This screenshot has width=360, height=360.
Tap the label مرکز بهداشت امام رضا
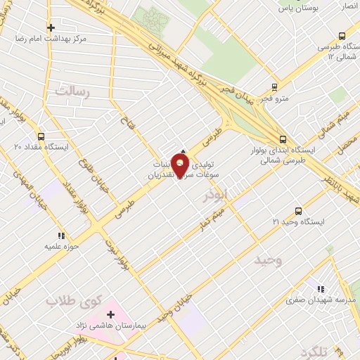pyautogui.click(x=49, y=39)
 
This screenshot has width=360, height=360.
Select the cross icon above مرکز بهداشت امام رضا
pyautogui.click(x=50, y=27)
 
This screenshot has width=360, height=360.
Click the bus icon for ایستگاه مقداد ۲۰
pyautogui.click(x=41, y=136)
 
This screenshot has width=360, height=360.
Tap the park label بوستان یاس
pyautogui.click(x=298, y=8)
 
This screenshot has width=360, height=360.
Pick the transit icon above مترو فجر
pyautogui.click(x=275, y=88)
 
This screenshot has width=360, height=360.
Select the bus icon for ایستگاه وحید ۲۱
pyautogui.click(x=298, y=211)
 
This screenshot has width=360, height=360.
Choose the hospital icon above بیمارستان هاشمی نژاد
pyautogui.click(x=110, y=314)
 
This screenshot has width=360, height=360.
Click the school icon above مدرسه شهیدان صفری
pyautogui.click(x=321, y=288)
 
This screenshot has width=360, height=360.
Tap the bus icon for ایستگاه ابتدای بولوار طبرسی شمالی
pyautogui.click(x=283, y=140)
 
